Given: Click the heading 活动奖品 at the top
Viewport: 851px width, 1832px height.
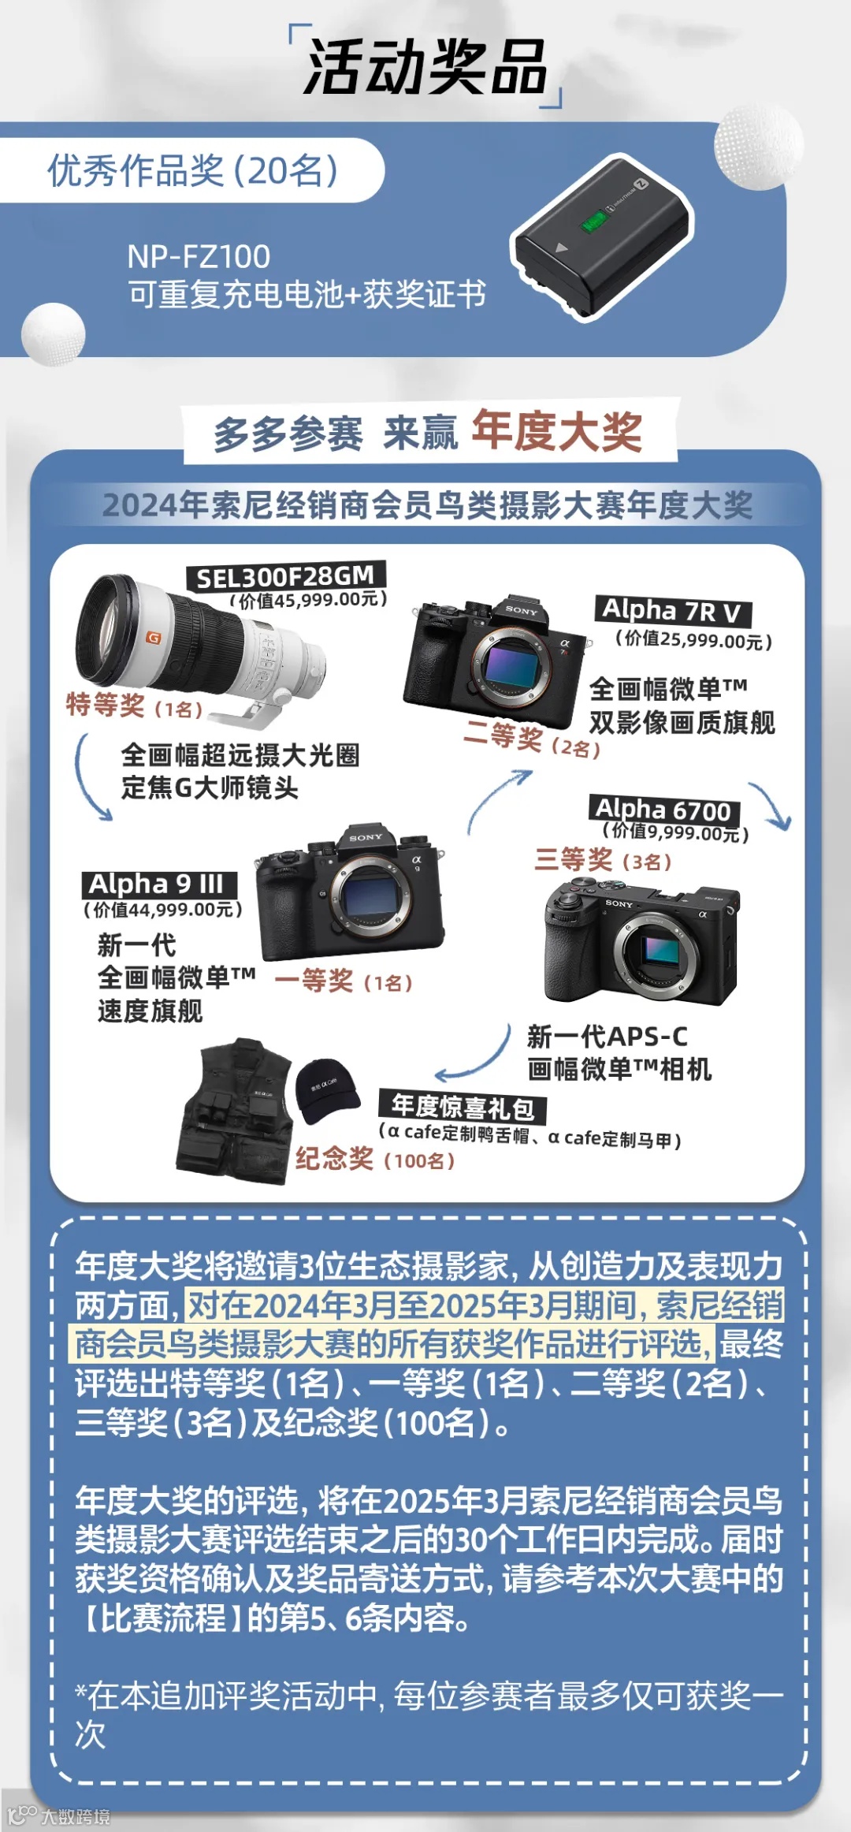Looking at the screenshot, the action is [425, 67].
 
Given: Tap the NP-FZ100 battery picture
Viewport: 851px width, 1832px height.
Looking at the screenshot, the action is [602, 234].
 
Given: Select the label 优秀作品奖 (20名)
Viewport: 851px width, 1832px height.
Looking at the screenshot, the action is [193, 170].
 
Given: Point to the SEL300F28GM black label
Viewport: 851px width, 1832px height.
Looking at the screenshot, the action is [284, 576].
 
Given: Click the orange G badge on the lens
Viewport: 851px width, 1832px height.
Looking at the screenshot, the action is [154, 638].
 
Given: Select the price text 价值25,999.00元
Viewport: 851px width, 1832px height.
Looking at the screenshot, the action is [693, 639].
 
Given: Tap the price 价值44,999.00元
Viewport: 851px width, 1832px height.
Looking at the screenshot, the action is [163, 910].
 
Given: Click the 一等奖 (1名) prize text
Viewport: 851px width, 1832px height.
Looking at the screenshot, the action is [344, 981].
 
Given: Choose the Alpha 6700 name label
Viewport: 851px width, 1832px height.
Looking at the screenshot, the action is [664, 810].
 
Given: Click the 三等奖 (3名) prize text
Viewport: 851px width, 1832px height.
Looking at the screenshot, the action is [603, 859].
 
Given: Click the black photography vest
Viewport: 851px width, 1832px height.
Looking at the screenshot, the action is [236, 1112].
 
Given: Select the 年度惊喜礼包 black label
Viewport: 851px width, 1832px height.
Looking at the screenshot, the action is [463, 1107].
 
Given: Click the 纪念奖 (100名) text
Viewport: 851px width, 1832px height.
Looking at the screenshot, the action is [375, 1159].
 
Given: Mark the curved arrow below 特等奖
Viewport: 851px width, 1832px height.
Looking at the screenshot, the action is [81, 778].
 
